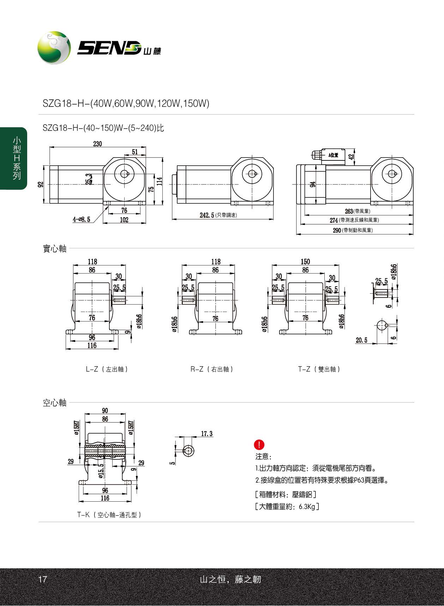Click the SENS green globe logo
(x=54, y=48)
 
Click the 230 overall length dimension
(x=97, y=143)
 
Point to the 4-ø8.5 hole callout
(x=82, y=220)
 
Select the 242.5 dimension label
(x=207, y=215)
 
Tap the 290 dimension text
(x=337, y=230)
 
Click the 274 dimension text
(x=334, y=220)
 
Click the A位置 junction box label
(x=333, y=155)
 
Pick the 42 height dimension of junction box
(x=351, y=157)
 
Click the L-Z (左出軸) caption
(x=107, y=369)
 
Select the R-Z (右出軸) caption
(x=212, y=369)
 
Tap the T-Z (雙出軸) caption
(x=319, y=369)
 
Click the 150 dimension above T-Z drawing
(x=305, y=262)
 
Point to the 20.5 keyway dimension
(x=361, y=340)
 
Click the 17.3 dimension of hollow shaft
(x=207, y=434)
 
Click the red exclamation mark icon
(x=259, y=445)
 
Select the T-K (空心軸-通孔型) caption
(x=109, y=515)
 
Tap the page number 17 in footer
(x=42, y=579)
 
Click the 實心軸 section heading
(x=54, y=249)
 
